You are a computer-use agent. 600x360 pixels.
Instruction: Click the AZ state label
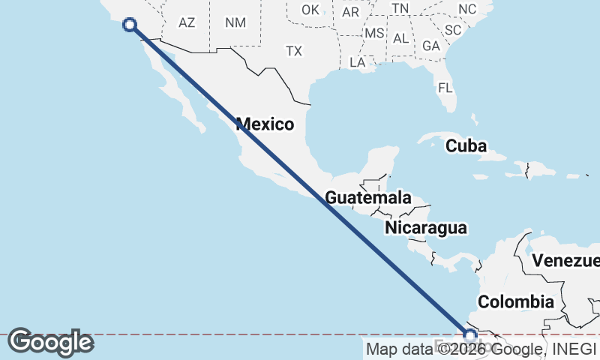pyautogui.click(x=187, y=22)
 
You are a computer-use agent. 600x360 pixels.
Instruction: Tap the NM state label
pyautogui.click(x=235, y=22)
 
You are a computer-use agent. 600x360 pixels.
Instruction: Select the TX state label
pyautogui.click(x=293, y=51)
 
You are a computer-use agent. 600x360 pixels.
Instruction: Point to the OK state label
pyautogui.click(x=310, y=10)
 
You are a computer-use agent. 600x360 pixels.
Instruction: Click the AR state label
pyautogui.click(x=350, y=12)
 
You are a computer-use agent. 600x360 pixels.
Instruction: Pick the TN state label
pyautogui.click(x=400, y=8)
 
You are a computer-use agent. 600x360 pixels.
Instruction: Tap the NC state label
pyautogui.click(x=467, y=9)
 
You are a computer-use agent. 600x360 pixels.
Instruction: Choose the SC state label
pyautogui.click(x=452, y=30)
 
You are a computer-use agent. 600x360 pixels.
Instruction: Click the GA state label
pyautogui.click(x=430, y=46)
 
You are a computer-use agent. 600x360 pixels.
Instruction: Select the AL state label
pyautogui.click(x=400, y=38)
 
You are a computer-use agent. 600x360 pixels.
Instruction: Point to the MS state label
pyautogui.click(x=374, y=34)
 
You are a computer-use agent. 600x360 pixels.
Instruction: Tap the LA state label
pyautogui.click(x=357, y=62)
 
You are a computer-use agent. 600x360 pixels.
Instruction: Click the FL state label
pyautogui.click(x=445, y=88)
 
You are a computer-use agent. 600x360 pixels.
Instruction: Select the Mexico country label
pyautogui.click(x=265, y=124)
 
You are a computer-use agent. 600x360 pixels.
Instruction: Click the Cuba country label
pyautogui.click(x=466, y=146)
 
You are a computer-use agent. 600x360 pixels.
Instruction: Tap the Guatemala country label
pyautogui.click(x=367, y=198)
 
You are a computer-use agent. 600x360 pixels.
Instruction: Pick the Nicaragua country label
pyautogui.click(x=425, y=228)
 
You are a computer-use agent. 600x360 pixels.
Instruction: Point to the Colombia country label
pyautogui.click(x=516, y=302)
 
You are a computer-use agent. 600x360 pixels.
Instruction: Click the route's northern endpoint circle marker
pyautogui.click(x=130, y=25)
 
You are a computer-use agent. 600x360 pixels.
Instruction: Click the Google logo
pyautogui.click(x=50, y=342)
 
